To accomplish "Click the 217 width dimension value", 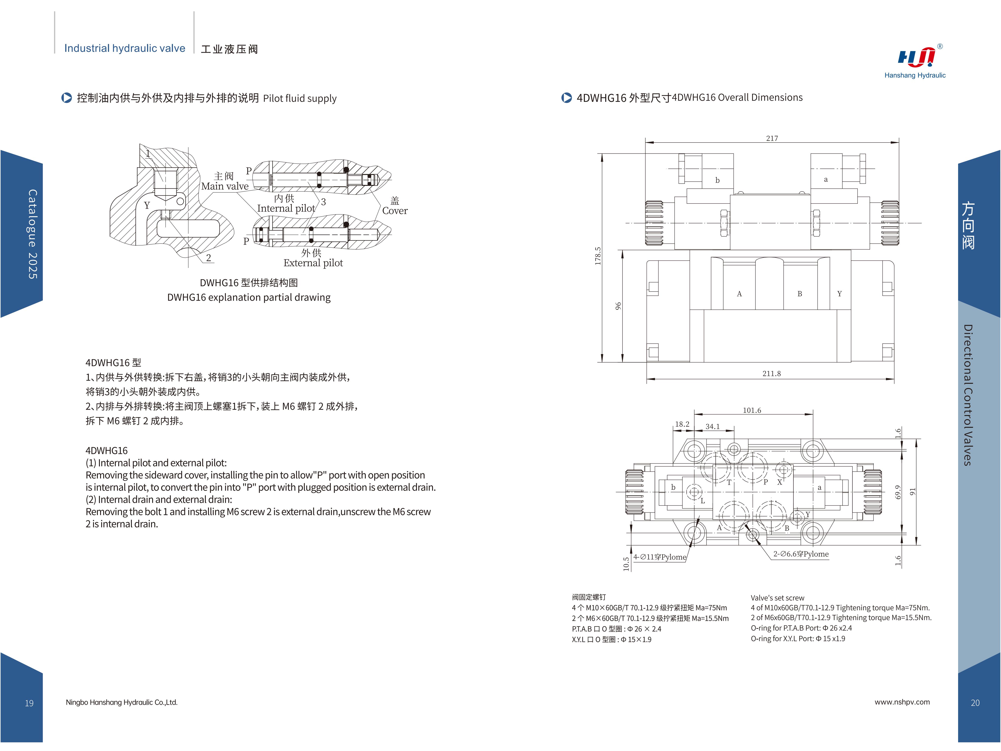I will (x=772, y=138).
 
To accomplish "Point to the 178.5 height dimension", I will (x=598, y=256).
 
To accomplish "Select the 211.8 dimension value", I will (x=772, y=374).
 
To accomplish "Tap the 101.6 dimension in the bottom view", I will (x=752, y=410).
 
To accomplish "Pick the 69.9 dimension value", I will (x=898, y=492).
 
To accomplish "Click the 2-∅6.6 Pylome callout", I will (x=801, y=554).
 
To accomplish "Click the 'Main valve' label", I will (x=225, y=186).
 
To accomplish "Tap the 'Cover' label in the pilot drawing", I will (x=395, y=211).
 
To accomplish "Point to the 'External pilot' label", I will (x=313, y=263).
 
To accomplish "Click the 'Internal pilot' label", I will (x=286, y=209).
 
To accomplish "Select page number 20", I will (x=975, y=703).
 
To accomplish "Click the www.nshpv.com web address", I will (x=902, y=702).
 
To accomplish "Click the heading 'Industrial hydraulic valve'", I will (x=125, y=48).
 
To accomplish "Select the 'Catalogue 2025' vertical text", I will (x=33, y=234).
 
